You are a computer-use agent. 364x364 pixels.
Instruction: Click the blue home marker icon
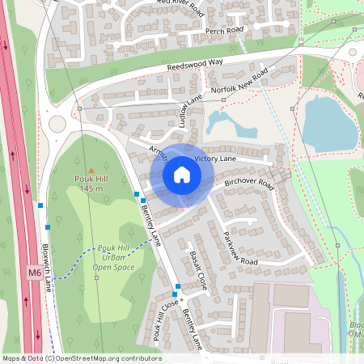(182, 174)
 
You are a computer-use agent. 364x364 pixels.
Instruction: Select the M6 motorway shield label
(34, 273)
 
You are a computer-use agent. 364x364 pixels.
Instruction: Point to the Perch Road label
(225, 31)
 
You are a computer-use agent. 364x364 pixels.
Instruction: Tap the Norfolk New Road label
(239, 83)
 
